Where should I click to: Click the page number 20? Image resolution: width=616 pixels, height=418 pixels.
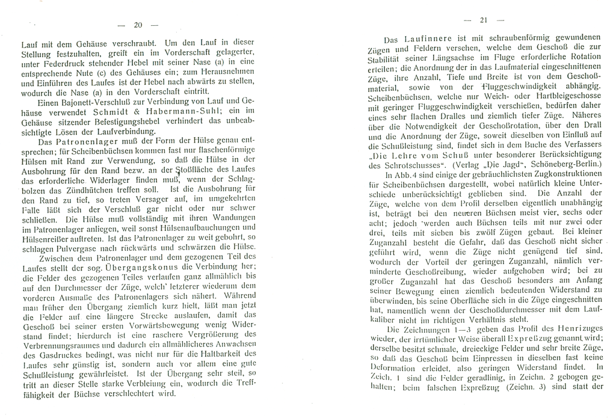[137, 25]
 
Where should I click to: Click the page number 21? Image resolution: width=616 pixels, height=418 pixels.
[483, 20]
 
